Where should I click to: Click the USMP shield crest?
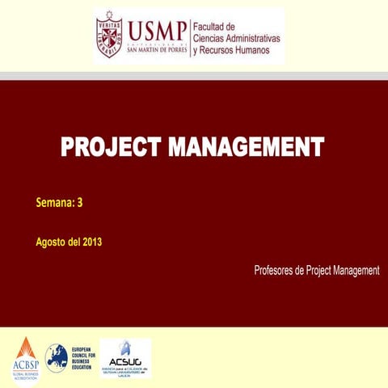(111, 36)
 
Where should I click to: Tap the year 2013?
(91, 241)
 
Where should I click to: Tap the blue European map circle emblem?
(57, 356)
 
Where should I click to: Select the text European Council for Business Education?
(83, 356)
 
